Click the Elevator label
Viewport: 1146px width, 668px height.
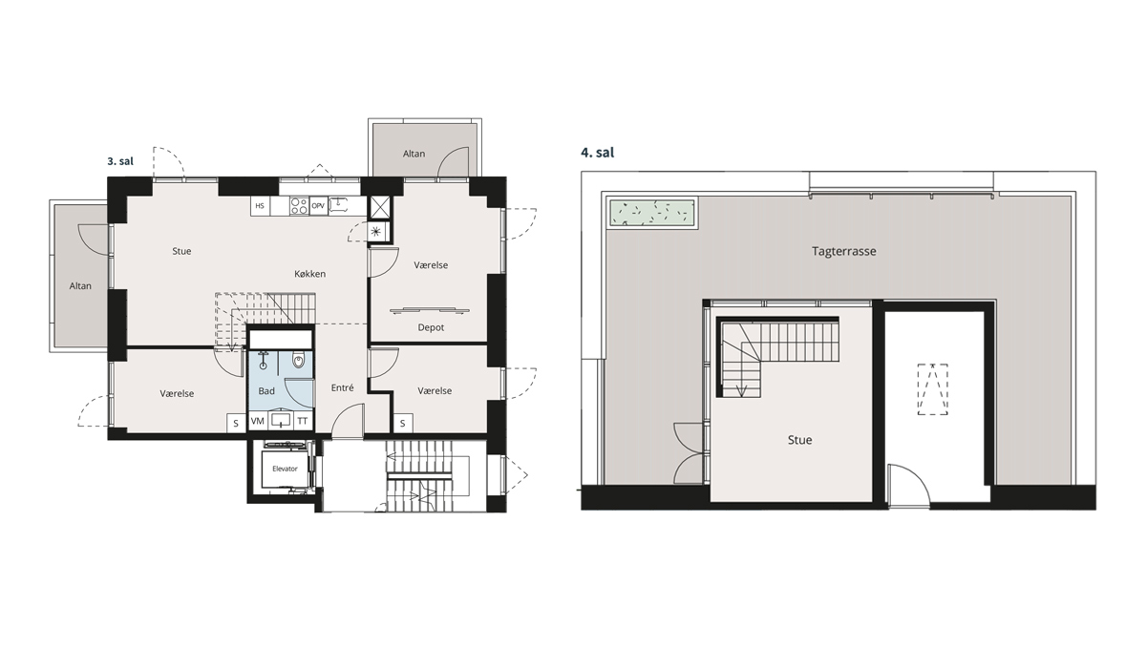pos(285,469)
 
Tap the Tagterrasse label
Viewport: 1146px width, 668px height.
pos(843,251)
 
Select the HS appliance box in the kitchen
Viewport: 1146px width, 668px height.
pos(260,206)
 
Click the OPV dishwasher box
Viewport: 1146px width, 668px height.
pos(318,206)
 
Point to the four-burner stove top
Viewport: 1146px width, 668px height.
pos(299,206)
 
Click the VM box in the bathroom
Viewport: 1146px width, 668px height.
pos(257,421)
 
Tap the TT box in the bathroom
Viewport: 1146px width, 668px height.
pos(303,421)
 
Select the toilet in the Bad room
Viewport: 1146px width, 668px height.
pos(298,361)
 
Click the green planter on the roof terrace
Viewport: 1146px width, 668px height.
pos(651,214)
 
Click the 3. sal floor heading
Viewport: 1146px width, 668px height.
pos(120,161)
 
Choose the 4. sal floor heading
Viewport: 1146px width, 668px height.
pos(598,153)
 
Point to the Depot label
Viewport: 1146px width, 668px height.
pos(431,327)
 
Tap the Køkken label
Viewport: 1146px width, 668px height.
pos(310,274)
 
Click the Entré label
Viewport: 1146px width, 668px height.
pos(342,388)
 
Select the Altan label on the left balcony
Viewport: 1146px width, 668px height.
pos(80,285)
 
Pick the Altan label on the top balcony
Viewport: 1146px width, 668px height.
pos(414,154)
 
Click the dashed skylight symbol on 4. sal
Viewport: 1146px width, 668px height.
pos(933,389)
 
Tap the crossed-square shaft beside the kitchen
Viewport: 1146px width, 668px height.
pos(380,207)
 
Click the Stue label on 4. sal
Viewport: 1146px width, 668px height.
pos(799,440)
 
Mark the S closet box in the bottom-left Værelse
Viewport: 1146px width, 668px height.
pos(236,423)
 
